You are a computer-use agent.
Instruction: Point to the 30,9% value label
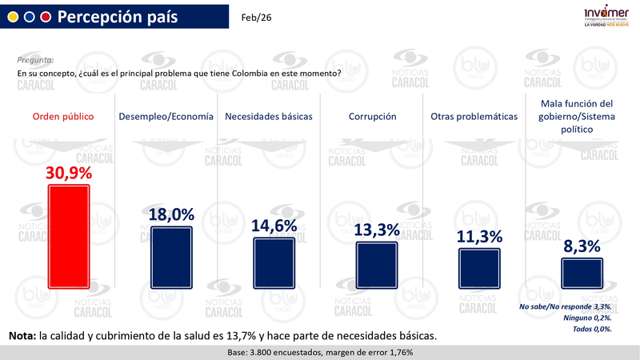point(70,172)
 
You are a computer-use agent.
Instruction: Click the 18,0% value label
point(171,214)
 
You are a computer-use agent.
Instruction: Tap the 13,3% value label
point(377,230)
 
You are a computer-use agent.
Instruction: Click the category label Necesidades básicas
point(268,116)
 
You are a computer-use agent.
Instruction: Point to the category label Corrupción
point(372,116)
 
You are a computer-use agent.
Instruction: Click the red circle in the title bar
point(45,17)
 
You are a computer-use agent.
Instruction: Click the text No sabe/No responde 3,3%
point(566,306)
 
